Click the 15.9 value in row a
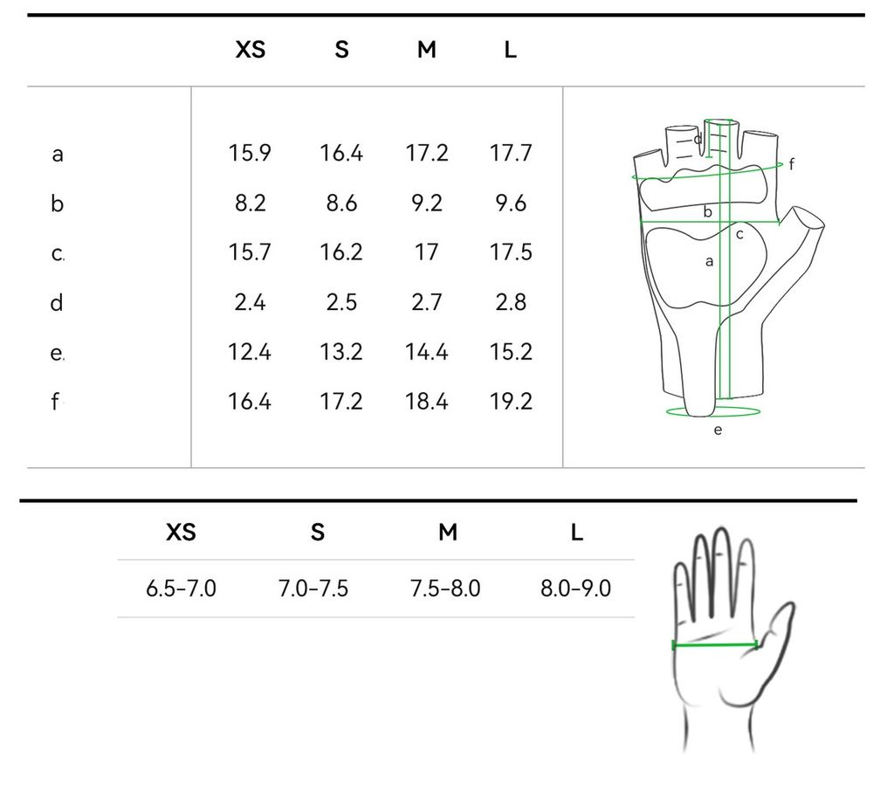[x=250, y=153]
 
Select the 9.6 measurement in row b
[x=511, y=203]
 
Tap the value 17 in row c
[x=426, y=252]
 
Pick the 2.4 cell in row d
[x=250, y=302]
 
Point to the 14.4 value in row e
[x=426, y=352]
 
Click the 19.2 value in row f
[x=511, y=402]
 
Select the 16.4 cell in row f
[x=250, y=402]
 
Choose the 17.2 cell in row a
[x=426, y=153]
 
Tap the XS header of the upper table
[x=251, y=50]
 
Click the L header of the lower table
[x=576, y=532]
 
